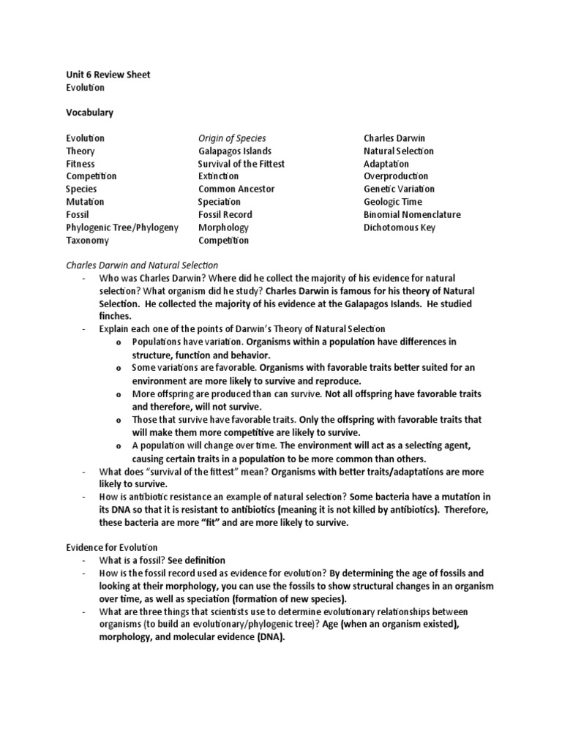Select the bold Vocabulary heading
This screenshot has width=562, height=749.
pos(89,113)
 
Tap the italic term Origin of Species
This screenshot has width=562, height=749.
pos(232,138)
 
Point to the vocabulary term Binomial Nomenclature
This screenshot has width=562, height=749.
pos(412,214)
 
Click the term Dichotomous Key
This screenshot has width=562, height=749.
pos(399,227)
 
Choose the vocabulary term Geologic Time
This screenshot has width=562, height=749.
pos(392,202)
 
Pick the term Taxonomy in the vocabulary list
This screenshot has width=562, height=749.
pos(87,241)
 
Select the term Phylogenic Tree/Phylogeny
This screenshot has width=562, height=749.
pos(121,227)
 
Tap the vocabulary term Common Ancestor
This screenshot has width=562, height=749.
pos(236,189)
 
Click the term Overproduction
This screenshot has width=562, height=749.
pos(396,176)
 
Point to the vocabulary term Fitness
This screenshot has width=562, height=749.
pos(80,164)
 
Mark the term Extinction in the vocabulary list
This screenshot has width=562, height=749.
pos(218,176)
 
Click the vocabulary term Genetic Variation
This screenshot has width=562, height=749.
pos(398,189)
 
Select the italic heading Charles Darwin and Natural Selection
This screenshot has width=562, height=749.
pos(142,266)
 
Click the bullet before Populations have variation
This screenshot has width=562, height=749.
pos(118,342)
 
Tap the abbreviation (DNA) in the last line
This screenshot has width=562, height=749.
pos(269,637)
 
